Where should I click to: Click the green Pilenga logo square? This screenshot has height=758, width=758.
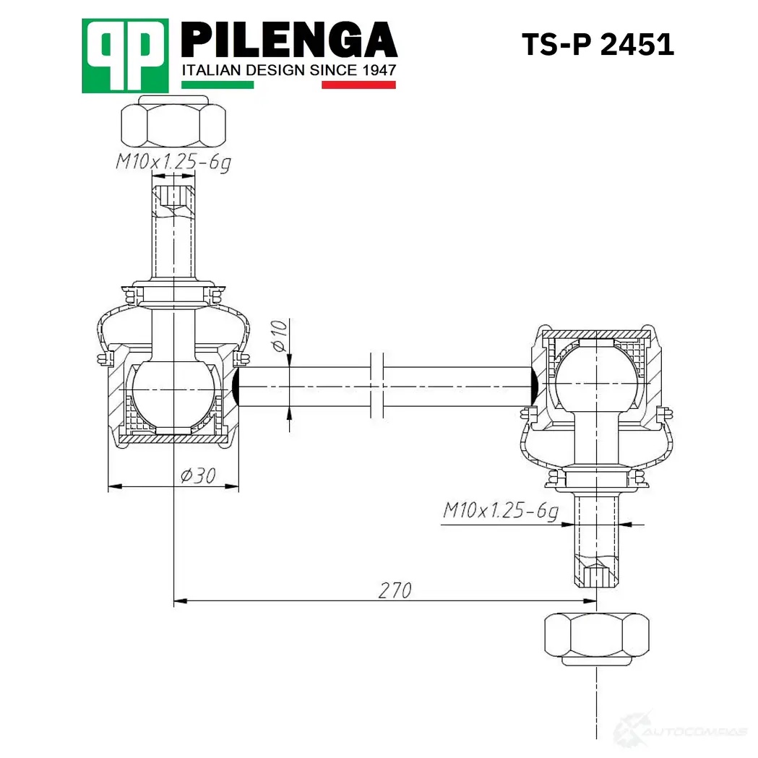125,56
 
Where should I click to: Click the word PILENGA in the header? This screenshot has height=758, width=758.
289,40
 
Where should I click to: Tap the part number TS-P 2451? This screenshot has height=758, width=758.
598,45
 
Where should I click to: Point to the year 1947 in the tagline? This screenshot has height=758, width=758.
379,71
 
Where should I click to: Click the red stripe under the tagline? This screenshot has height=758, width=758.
358,85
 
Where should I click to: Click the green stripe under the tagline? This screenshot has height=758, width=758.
218,85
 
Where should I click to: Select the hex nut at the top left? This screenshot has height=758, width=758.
173,122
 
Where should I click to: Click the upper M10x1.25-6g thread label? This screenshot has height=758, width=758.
173,162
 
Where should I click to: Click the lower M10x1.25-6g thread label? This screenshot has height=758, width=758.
500,510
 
